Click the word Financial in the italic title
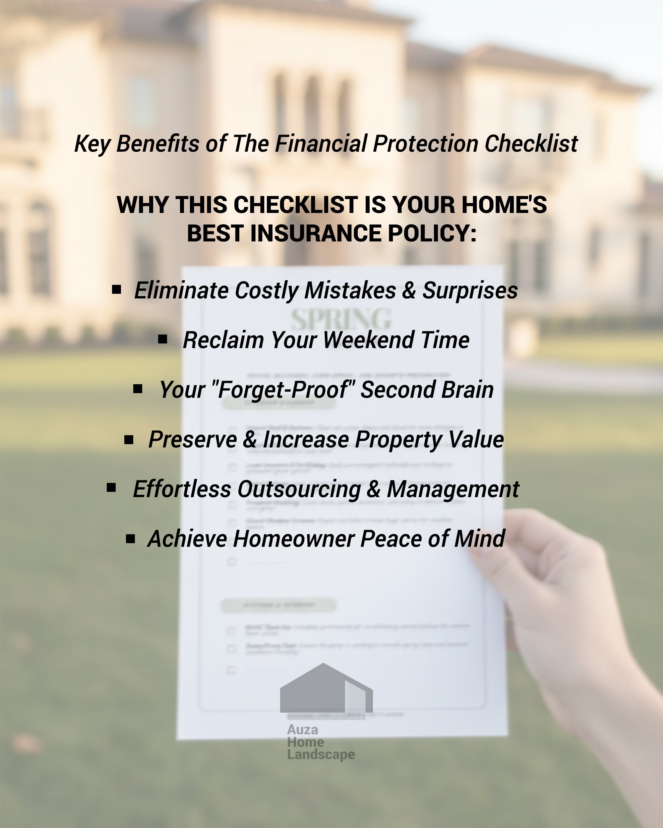click(321, 144)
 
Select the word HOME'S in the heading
click(504, 204)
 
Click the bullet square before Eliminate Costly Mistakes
click(116, 289)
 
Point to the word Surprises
click(470, 290)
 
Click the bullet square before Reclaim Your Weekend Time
click(162, 339)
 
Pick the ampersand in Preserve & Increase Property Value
click(250, 440)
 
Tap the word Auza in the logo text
click(302, 729)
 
